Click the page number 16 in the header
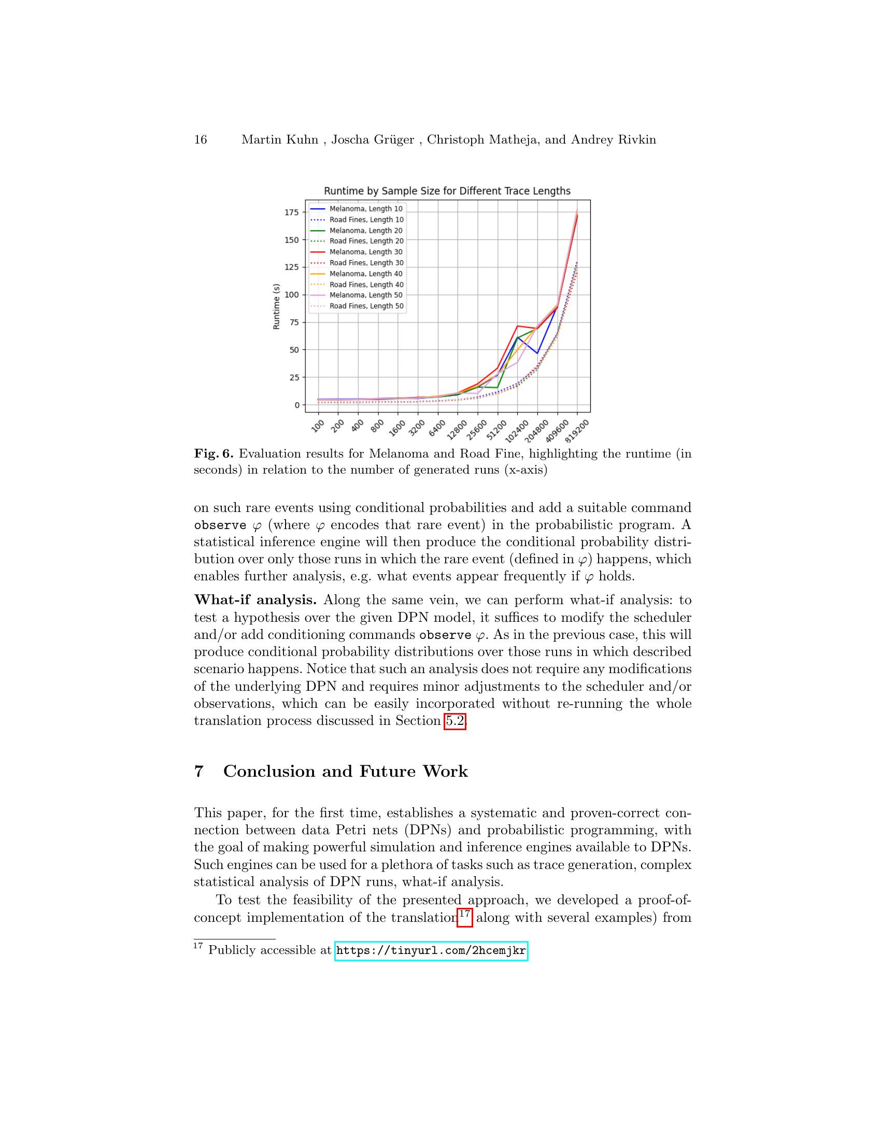point(201,140)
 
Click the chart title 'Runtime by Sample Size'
point(447,191)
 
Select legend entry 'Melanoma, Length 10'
point(366,209)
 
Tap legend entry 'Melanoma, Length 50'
point(366,295)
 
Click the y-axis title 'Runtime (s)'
point(277,307)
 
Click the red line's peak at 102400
point(517,326)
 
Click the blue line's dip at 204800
point(537,353)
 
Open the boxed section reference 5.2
point(454,721)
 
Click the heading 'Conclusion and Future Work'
point(346,772)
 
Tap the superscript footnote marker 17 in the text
point(464,914)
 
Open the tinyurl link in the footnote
point(431,950)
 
